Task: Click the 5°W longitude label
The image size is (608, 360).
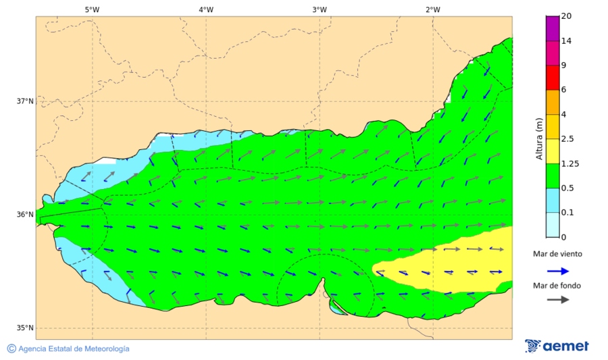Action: click(93, 9)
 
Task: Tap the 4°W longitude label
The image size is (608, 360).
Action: click(206, 9)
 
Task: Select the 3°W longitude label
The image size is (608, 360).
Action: click(320, 9)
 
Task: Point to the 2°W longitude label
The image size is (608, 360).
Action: click(433, 9)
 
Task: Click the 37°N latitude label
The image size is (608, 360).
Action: click(25, 101)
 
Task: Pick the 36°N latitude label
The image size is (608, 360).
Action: click(25, 215)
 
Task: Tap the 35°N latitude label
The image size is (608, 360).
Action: click(25, 328)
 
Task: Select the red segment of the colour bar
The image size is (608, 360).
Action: click(553, 77)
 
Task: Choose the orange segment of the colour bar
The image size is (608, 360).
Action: click(553, 102)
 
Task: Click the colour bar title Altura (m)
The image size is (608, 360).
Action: click(539, 138)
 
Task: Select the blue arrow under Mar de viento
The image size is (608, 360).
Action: click(557, 271)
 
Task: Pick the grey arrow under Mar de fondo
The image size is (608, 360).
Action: click(557, 300)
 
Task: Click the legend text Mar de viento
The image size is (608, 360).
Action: click(557, 254)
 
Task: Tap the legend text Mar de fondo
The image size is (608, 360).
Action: click(557, 285)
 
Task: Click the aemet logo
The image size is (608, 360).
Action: click(557, 346)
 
